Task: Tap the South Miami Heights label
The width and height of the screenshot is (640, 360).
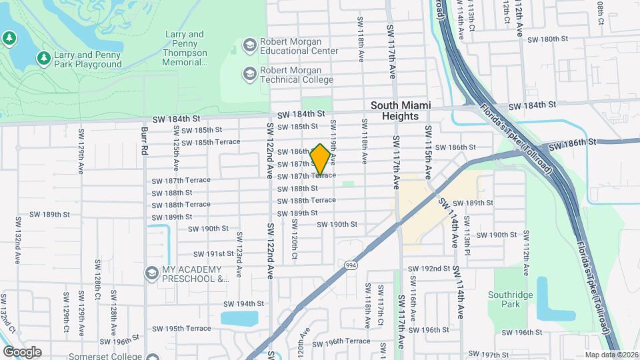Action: pyautogui.click(x=401, y=111)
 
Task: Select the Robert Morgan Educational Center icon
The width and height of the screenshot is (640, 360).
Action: pyautogui.click(x=250, y=45)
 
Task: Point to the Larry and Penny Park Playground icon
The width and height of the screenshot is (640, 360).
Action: pyautogui.click(x=44, y=59)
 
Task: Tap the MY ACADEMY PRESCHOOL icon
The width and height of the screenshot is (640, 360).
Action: pyautogui.click(x=152, y=273)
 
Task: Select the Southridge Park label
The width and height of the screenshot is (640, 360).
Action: pyautogui.click(x=521, y=299)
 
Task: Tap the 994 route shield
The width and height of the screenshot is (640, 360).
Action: pyautogui.click(x=349, y=265)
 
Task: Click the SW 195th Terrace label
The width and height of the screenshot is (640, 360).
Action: pyautogui.click(x=181, y=329)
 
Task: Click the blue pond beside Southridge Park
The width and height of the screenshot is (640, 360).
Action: pyautogui.click(x=546, y=299)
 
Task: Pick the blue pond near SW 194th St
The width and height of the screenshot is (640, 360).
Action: pyautogui.click(x=239, y=318)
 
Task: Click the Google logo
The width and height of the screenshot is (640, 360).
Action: pyautogui.click(x=22, y=351)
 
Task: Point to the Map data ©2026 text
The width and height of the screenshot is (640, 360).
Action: pyautogui.click(x=611, y=355)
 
